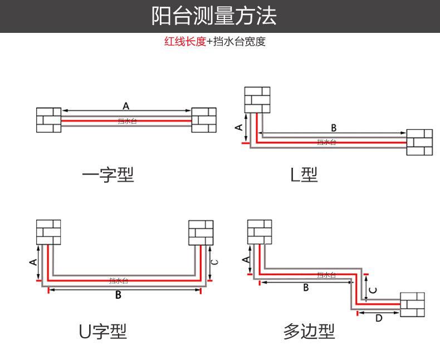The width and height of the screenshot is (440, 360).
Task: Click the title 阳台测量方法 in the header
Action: tap(214, 16)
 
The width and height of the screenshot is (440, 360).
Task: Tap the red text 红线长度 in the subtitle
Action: tap(185, 42)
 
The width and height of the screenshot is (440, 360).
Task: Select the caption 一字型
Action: tap(108, 175)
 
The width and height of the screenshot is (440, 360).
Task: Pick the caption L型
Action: tap(304, 175)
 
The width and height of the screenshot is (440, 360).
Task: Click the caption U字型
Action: tap(102, 332)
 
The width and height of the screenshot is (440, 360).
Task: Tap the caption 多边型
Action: tap(309, 332)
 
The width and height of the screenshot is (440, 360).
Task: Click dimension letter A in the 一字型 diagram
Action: tap(126, 105)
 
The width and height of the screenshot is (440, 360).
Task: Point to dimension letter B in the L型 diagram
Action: tap(334, 128)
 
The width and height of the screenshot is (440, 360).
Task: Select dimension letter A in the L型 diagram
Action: tap(239, 128)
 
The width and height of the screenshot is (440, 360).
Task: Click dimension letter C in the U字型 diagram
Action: tap(216, 262)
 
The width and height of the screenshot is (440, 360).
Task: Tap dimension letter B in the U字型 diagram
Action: tap(118, 295)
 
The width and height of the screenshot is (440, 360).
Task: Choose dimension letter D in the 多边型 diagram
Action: tap(379, 319)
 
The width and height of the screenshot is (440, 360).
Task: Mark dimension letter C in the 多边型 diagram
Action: tap(374, 290)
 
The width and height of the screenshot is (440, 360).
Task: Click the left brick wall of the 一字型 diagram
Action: tap(48, 120)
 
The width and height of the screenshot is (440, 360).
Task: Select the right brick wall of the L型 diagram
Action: tap(419, 142)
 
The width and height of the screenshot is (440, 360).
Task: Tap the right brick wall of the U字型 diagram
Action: tap(201, 232)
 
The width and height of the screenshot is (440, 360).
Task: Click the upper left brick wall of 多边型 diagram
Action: tap(260, 232)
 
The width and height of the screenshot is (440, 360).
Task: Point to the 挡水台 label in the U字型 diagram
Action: tap(119, 280)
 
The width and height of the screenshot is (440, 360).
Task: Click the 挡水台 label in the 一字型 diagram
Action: tap(127, 121)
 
